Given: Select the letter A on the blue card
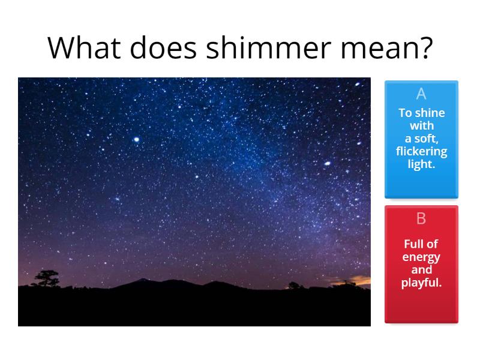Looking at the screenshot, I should point(421,94).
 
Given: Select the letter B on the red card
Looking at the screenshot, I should point(421,219).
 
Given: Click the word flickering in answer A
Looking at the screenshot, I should point(421,151).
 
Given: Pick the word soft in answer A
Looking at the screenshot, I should point(430,139).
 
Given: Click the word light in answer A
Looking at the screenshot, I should point(421,164).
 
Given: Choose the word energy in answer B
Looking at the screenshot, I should point(421,257).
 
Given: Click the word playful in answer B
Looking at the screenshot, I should point(421,283).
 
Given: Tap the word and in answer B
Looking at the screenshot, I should point(421,269).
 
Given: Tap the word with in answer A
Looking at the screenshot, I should point(421,126).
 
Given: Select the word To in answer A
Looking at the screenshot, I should point(405,113).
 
